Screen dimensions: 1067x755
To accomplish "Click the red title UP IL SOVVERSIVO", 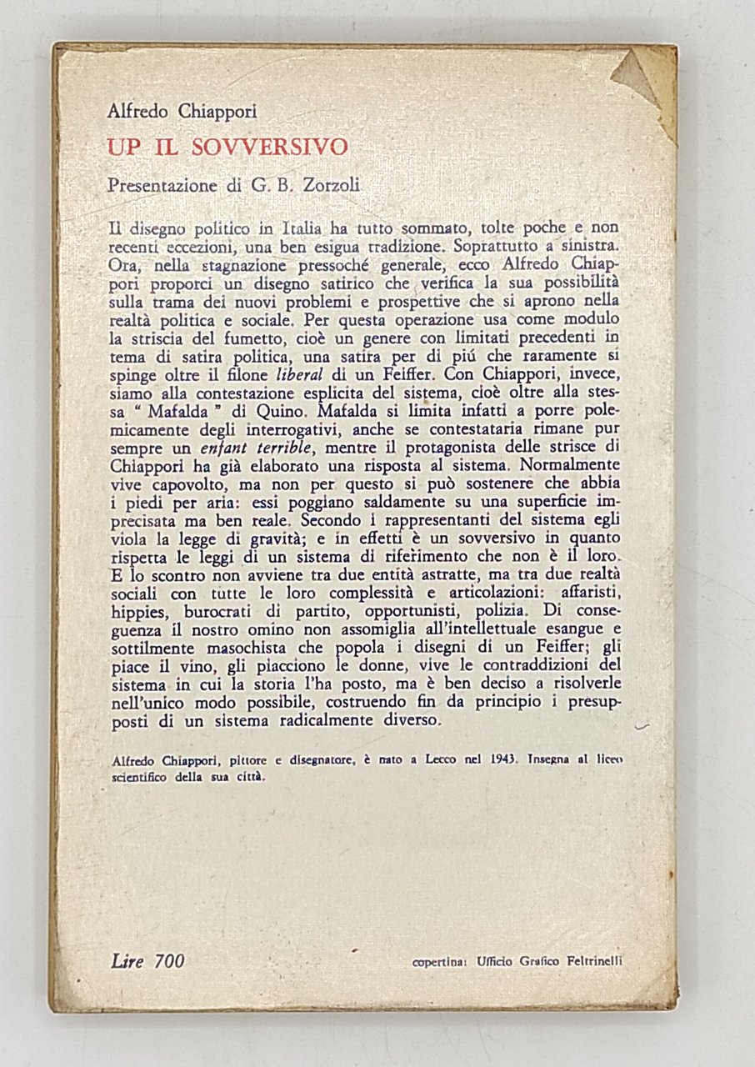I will click(227, 147).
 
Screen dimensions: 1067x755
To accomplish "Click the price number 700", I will click(168, 961).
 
